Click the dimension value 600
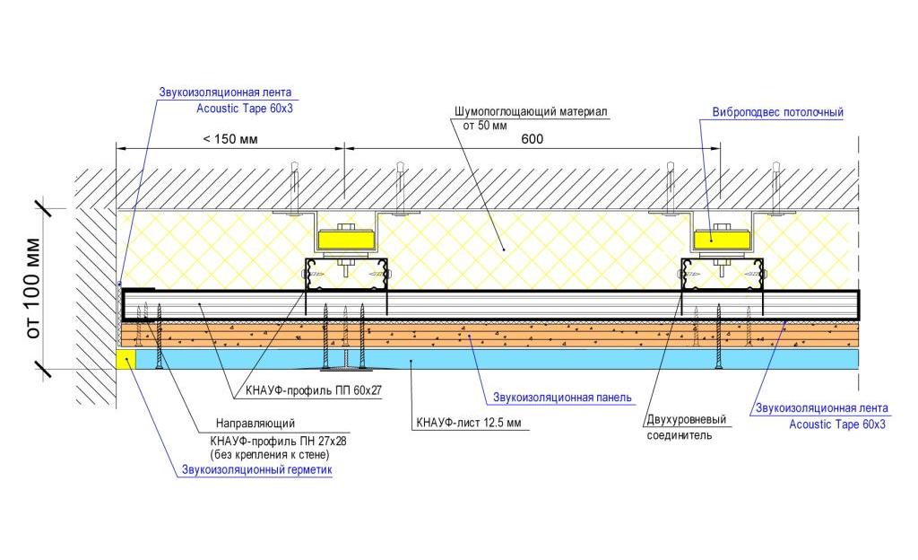pyautogui.click(x=532, y=139)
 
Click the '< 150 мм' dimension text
pyautogui.click(x=230, y=139)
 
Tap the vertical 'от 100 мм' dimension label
pyautogui.click(x=33, y=288)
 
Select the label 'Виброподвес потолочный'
pyautogui.click(x=777, y=112)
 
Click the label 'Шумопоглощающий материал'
pyautogui.click(x=531, y=111)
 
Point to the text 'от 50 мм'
pyautogui.click(x=485, y=126)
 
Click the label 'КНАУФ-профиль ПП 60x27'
pyautogui.click(x=314, y=390)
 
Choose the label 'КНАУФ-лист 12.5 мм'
pyautogui.click(x=468, y=423)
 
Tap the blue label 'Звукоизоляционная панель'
pyautogui.click(x=562, y=398)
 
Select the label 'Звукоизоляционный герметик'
pyautogui.click(x=256, y=469)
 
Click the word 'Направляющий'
pyautogui.click(x=255, y=423)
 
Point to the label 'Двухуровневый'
pyautogui.click(x=686, y=419)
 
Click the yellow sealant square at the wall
pyautogui.click(x=126, y=358)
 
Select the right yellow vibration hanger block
pyautogui.click(x=722, y=240)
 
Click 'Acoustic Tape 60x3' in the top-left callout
pyautogui.click(x=244, y=109)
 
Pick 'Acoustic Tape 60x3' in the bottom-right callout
pyautogui.click(x=837, y=424)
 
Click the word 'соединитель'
pyautogui.click(x=680, y=435)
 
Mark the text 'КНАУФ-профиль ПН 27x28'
pyautogui.click(x=278, y=441)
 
